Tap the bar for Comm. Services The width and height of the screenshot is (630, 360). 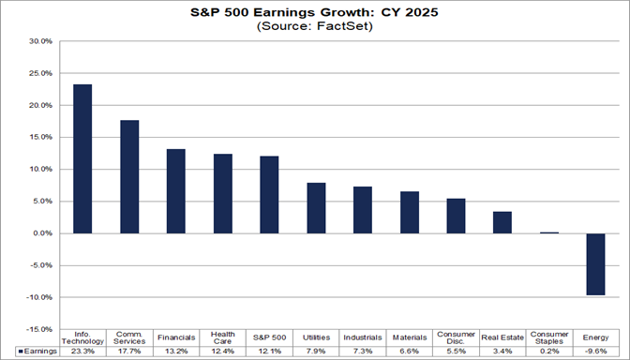[x=129, y=176]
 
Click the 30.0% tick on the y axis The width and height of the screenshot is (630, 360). [x=40, y=42]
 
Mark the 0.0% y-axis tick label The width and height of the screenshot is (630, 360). [x=42, y=233]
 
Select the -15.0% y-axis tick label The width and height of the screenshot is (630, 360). [x=39, y=329]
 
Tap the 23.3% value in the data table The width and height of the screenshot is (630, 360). [x=82, y=351]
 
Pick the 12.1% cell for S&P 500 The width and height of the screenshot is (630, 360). [x=269, y=351]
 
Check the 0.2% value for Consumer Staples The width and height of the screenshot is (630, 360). [x=549, y=351]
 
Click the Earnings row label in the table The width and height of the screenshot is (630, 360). [x=39, y=351]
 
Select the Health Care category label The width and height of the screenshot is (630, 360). [x=222, y=337]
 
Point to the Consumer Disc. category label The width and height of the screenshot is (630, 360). [x=456, y=337]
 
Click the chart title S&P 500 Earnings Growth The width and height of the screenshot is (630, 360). [x=314, y=13]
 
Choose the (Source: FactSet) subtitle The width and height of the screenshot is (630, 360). [x=314, y=27]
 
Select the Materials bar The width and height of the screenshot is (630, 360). [x=410, y=212]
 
